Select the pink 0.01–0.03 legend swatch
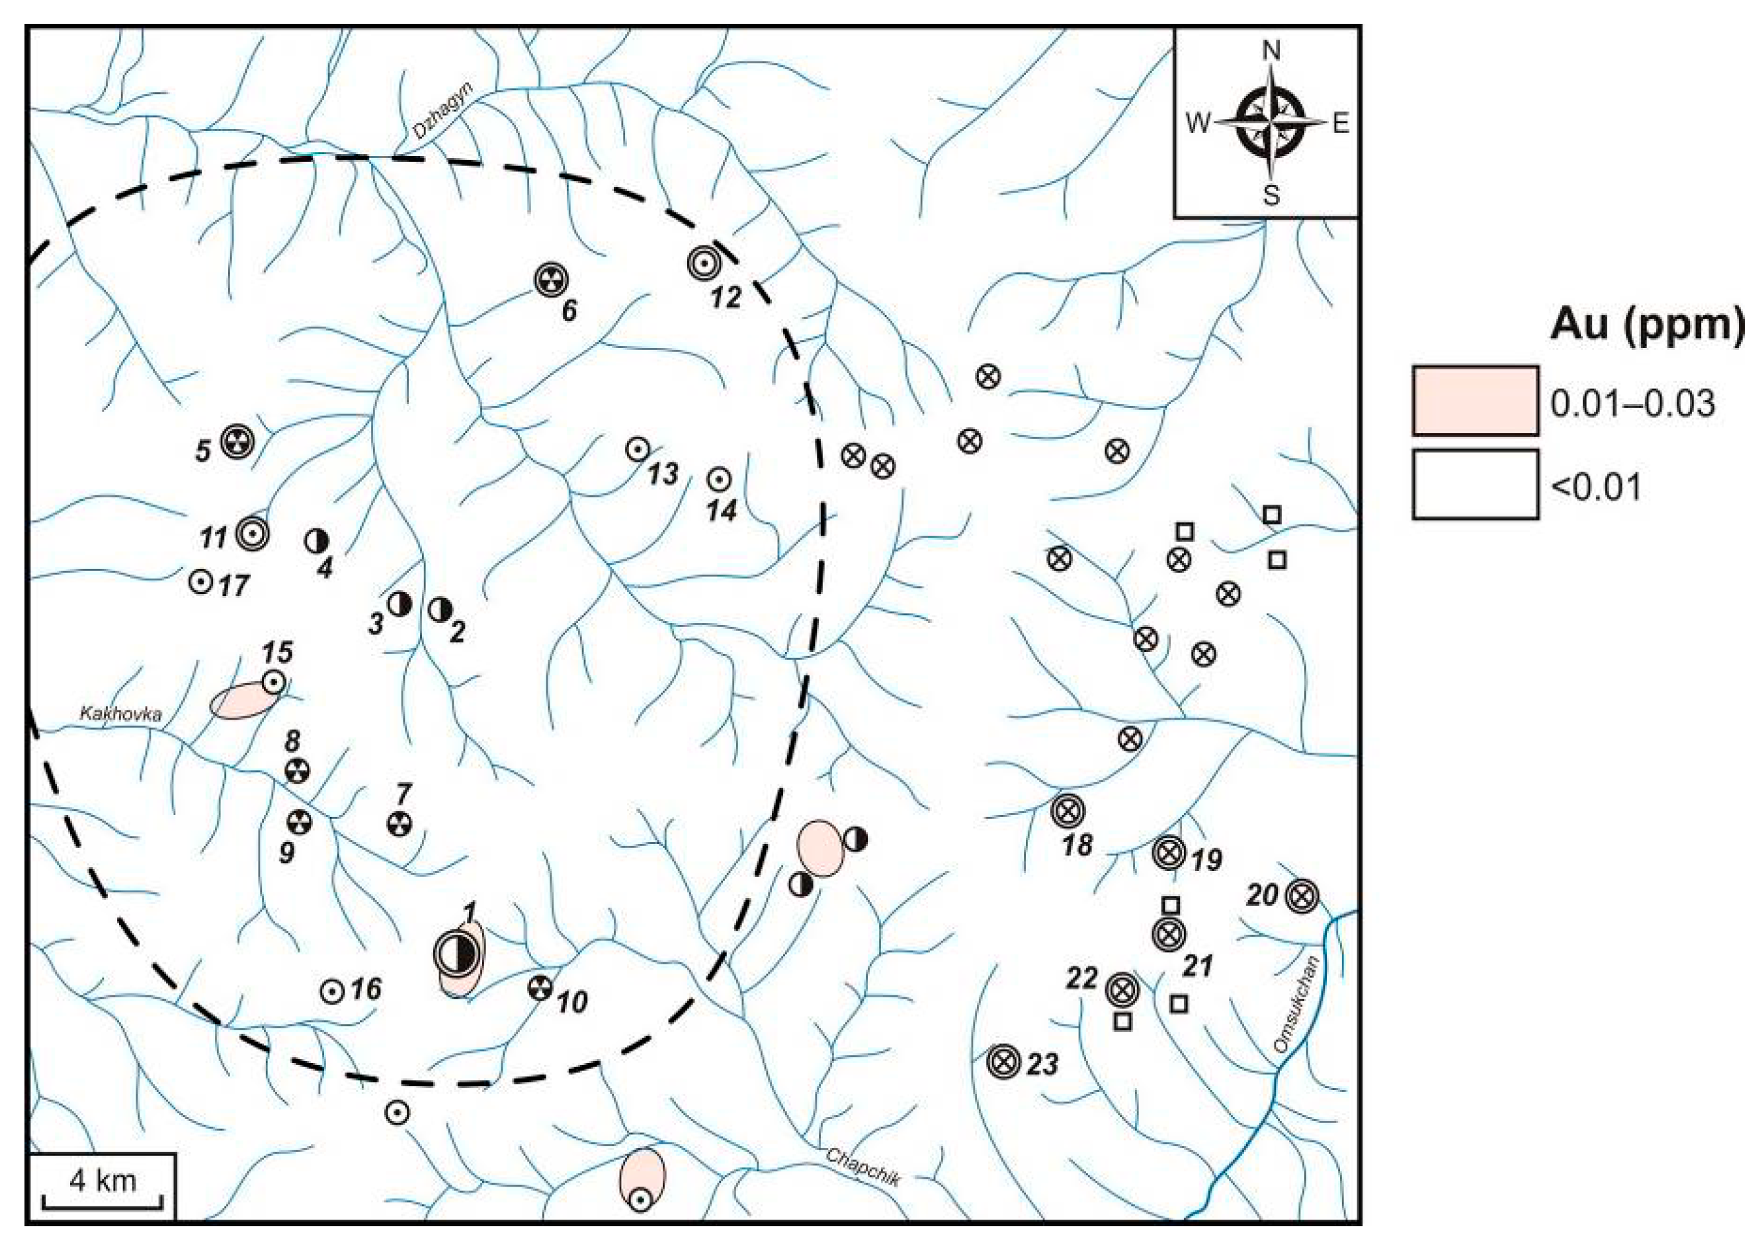(1474, 401)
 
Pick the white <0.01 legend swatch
(1474, 484)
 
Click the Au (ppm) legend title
(1647, 325)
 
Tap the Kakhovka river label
(122, 713)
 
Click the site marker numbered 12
(704, 264)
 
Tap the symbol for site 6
(550, 280)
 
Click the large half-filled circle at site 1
(456, 954)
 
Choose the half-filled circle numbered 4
(316, 540)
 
